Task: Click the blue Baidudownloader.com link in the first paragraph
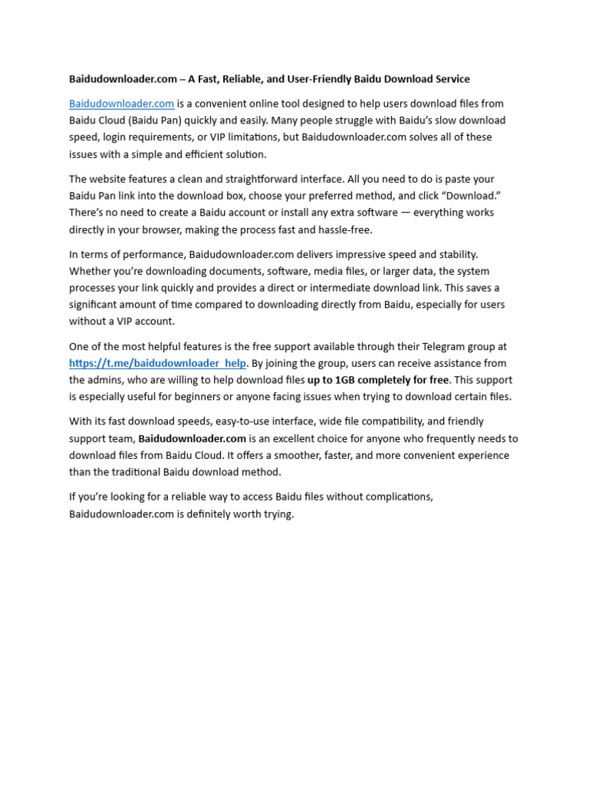121,104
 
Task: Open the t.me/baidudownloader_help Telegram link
157,363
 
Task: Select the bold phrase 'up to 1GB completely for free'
377,380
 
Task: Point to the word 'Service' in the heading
450,79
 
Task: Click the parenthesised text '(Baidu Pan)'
156,121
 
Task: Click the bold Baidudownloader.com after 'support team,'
192,438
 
